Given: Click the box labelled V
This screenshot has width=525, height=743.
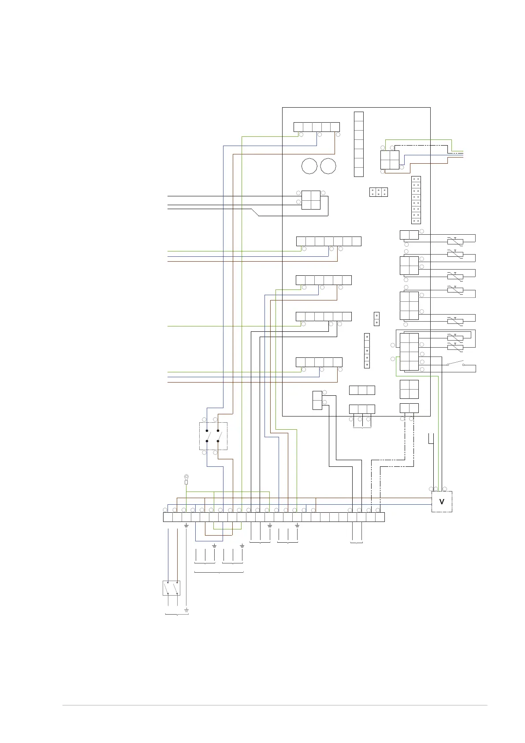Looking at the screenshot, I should point(442,502).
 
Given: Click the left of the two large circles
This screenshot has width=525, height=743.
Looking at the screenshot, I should point(309,166).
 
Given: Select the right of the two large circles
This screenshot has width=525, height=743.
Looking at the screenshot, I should point(328,166).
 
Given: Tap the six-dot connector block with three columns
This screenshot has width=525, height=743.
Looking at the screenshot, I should point(378,192).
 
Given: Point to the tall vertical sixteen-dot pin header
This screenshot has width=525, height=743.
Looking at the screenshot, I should point(416,200).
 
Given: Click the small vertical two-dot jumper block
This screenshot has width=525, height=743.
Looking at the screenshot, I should point(376,319).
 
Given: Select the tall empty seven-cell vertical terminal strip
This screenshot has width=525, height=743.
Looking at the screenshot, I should point(359,144).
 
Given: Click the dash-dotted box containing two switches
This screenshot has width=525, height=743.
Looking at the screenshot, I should point(213,436).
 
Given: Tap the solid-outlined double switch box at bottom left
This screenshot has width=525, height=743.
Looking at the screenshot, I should point(171,588).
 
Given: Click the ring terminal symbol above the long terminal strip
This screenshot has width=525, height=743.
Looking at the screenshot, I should point(186,477).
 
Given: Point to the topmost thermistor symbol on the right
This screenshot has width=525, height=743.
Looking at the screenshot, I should point(455,241).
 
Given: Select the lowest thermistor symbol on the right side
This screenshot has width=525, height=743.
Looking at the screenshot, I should point(455,348).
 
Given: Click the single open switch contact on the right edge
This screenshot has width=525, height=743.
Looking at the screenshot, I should point(455,364).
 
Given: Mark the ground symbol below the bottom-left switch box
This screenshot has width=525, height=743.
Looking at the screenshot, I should point(186,610).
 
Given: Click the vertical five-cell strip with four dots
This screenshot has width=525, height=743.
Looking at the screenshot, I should point(367,351).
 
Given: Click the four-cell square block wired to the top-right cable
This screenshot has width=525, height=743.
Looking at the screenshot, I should point(390,160).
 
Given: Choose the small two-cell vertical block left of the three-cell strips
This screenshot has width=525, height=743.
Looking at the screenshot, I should point(317,400).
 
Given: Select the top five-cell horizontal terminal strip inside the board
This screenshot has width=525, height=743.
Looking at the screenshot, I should point(316,127).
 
